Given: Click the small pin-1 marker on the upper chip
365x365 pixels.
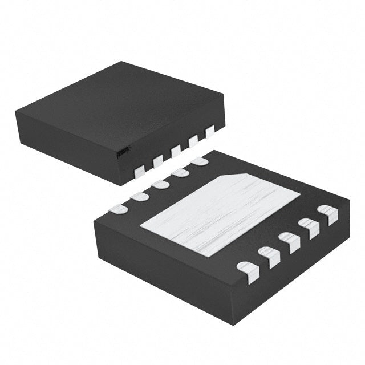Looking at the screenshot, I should pyautogui.click(x=121, y=152).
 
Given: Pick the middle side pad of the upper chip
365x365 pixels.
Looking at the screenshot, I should pyautogui.click(x=176, y=150).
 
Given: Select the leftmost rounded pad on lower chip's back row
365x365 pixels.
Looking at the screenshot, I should pyautogui.click(x=118, y=209).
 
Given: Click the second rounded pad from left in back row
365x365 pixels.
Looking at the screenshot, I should pyautogui.click(x=140, y=197).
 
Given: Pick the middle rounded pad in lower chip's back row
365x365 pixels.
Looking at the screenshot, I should pyautogui.click(x=160, y=185).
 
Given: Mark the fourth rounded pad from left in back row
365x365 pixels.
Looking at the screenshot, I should pyautogui.click(x=180, y=173).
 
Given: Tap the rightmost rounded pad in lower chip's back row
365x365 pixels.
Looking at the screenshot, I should pyautogui.click(x=200, y=162).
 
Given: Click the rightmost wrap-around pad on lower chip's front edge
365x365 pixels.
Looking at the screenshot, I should pyautogui.click(x=328, y=214).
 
